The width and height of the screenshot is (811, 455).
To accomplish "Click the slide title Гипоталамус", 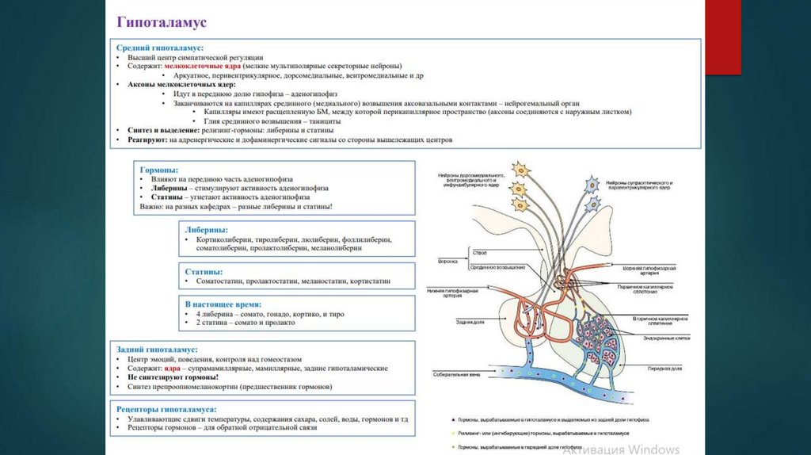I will pyautogui.click(x=162, y=21).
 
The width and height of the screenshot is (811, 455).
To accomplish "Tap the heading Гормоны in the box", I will pyautogui.click(x=159, y=170).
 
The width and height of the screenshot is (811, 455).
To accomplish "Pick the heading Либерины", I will pyautogui.click(x=206, y=227).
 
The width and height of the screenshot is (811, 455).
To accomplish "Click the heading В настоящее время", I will pyautogui.click(x=223, y=304).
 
